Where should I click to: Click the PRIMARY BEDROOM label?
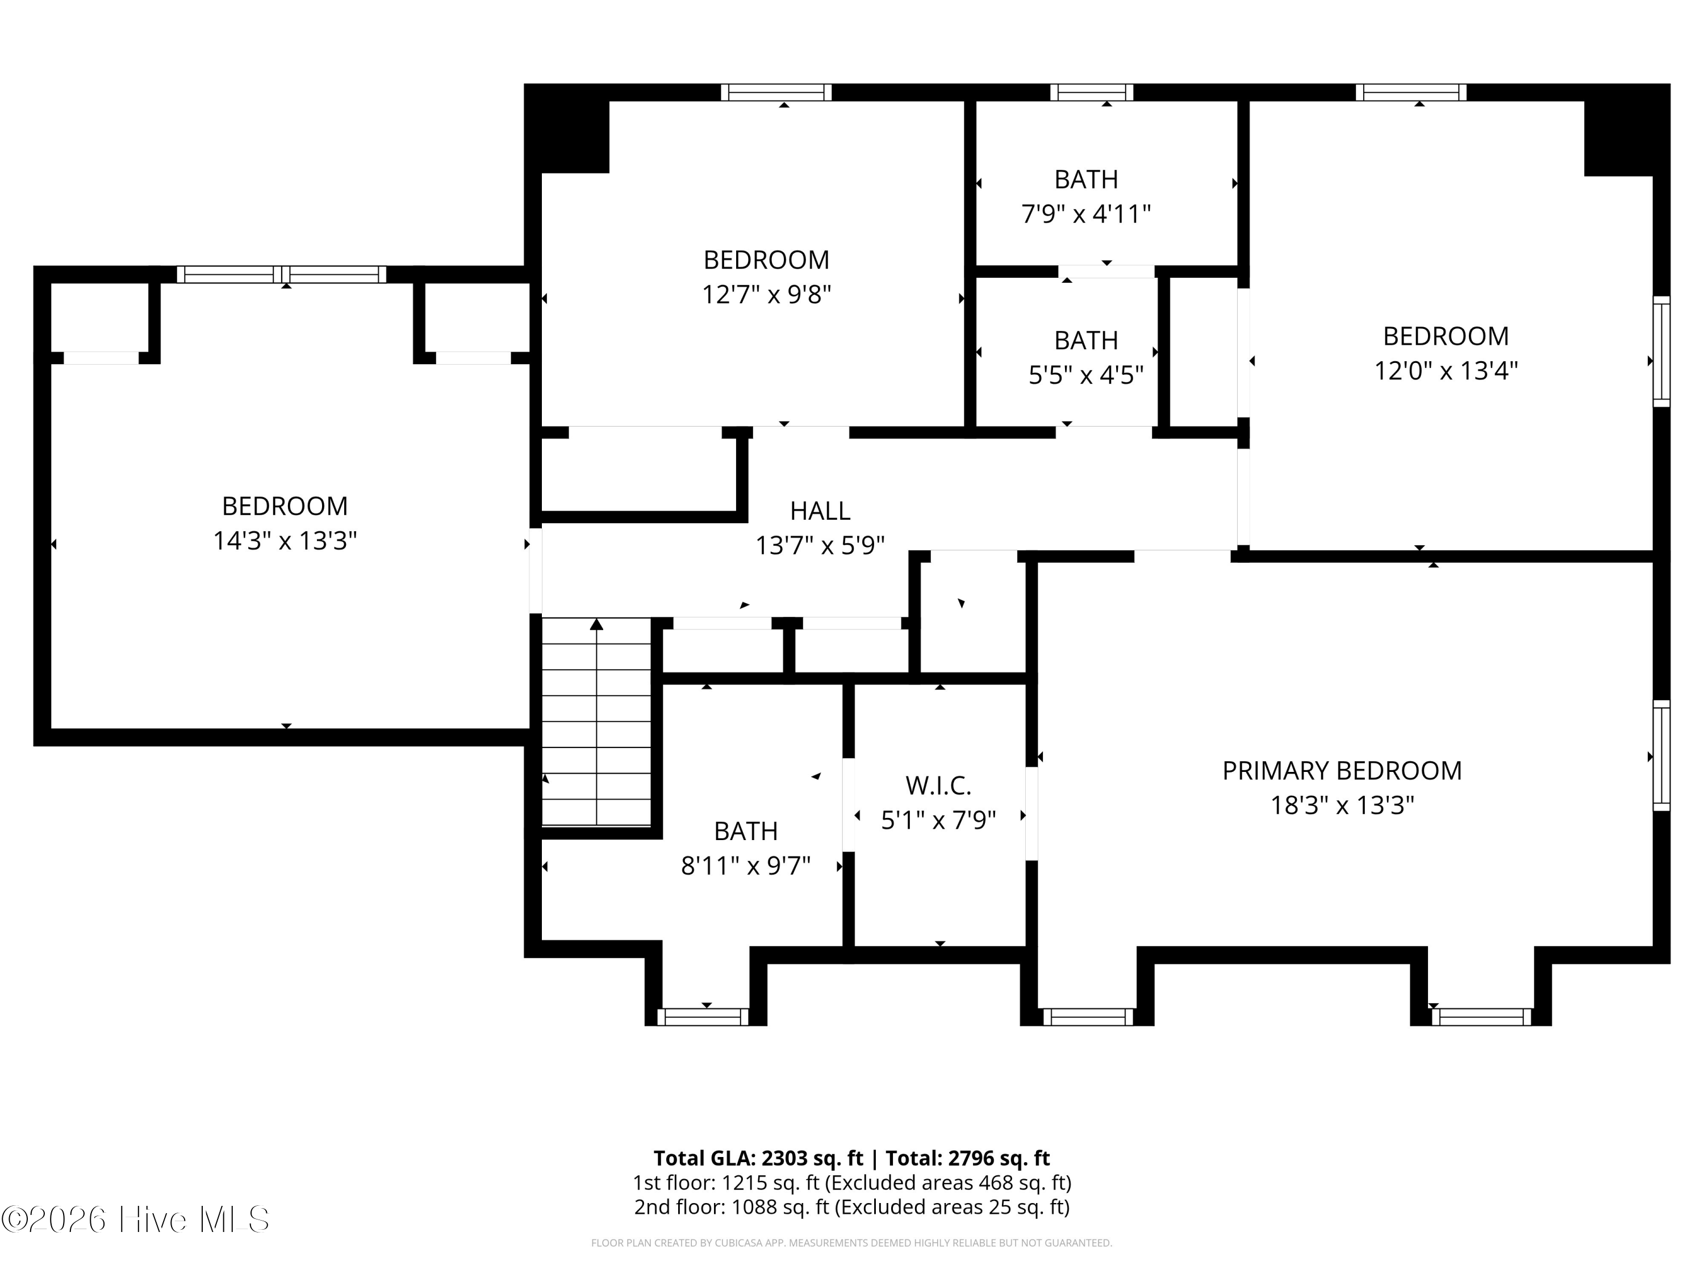point(1342,770)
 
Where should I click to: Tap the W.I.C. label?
point(938,786)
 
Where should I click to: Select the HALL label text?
point(820,511)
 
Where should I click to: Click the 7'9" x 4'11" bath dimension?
point(1086,214)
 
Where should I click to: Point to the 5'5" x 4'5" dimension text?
point(1086,374)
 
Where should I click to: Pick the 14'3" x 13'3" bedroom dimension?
point(285,541)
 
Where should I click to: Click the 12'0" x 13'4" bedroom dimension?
point(1446,370)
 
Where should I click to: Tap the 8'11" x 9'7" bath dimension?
point(746,866)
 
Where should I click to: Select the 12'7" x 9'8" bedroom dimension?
point(766,294)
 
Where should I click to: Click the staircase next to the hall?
point(597,722)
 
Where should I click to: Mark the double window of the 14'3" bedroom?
point(282,274)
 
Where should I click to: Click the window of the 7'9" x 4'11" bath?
point(1092,93)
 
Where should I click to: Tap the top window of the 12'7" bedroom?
point(776,93)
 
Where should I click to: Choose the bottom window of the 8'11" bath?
point(703,1017)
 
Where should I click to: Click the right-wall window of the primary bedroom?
point(1661,755)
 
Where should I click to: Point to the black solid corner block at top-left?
point(567,128)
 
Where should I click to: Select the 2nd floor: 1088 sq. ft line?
point(852,1206)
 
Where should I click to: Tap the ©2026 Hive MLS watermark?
point(136,1219)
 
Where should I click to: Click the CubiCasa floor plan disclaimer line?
point(852,1243)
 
